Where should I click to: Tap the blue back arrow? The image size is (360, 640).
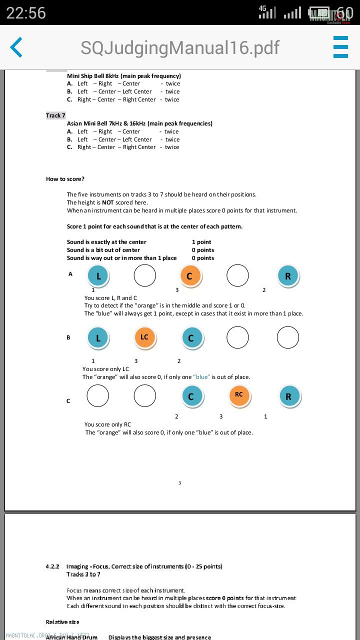click(x=16, y=47)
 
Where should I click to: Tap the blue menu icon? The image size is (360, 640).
click(x=340, y=47)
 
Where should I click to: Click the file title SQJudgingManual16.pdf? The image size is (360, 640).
click(x=180, y=47)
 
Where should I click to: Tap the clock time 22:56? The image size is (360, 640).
click(x=26, y=12)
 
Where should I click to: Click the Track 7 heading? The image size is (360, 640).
click(x=55, y=115)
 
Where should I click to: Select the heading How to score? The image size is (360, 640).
click(x=65, y=179)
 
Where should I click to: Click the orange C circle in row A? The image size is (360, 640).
click(x=190, y=276)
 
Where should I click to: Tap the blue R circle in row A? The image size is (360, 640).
click(x=288, y=276)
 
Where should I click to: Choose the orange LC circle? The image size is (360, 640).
click(x=145, y=337)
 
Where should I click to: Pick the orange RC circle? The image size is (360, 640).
click(x=239, y=395)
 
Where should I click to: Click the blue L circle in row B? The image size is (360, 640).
click(x=98, y=338)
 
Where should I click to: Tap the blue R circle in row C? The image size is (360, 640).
click(x=288, y=396)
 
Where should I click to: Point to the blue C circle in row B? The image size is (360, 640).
click(x=191, y=338)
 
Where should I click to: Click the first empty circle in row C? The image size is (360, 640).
click(x=97, y=396)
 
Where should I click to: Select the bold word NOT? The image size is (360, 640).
click(x=108, y=202)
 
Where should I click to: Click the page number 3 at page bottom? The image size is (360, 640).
click(x=179, y=483)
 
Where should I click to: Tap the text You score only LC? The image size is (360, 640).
click(x=105, y=369)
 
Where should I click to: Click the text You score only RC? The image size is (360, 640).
click(x=107, y=424)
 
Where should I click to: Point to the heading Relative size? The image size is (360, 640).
click(x=62, y=622)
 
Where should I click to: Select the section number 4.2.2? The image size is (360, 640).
click(x=52, y=566)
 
